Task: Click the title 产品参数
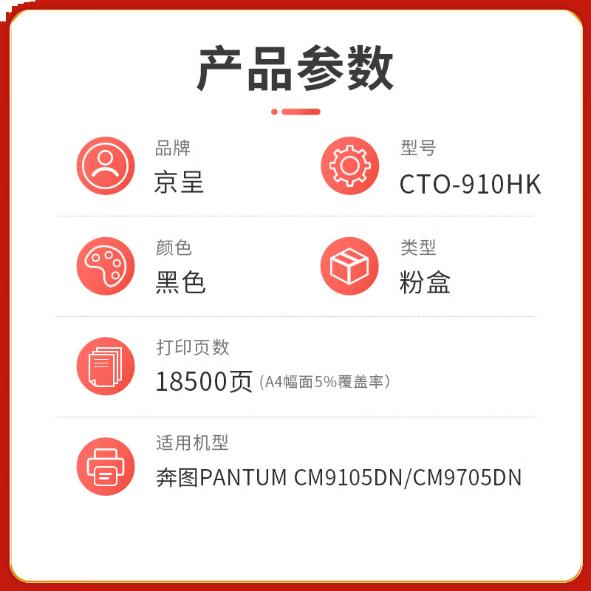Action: click(x=295, y=68)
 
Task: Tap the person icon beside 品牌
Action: click(x=106, y=166)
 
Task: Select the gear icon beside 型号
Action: click(x=349, y=166)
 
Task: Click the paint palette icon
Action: click(x=106, y=266)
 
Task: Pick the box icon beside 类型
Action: click(x=349, y=266)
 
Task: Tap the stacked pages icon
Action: click(x=106, y=366)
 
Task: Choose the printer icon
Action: click(x=106, y=466)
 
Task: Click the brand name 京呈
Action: click(x=179, y=182)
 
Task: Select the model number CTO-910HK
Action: click(x=470, y=184)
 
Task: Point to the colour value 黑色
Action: click(x=180, y=282)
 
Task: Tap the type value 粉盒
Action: click(x=425, y=282)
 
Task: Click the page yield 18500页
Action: click(x=204, y=382)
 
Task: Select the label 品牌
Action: click(x=173, y=148)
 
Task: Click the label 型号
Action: click(x=418, y=148)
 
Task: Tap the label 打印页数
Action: click(x=193, y=347)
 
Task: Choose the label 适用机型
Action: click(x=192, y=443)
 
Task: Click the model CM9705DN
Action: click(x=468, y=478)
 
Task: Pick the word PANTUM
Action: click(x=244, y=478)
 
